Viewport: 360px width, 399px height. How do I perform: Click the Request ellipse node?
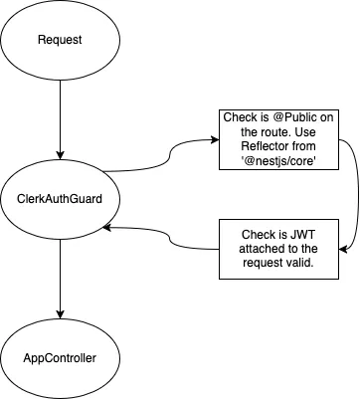(x=61, y=41)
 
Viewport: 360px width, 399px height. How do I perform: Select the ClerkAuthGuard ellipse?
(x=61, y=199)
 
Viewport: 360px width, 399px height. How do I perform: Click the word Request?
(x=61, y=41)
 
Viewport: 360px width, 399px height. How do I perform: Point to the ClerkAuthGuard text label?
(x=61, y=199)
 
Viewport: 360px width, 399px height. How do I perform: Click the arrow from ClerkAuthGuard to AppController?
(x=61, y=279)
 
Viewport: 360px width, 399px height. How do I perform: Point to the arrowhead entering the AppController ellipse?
(x=61, y=311)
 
